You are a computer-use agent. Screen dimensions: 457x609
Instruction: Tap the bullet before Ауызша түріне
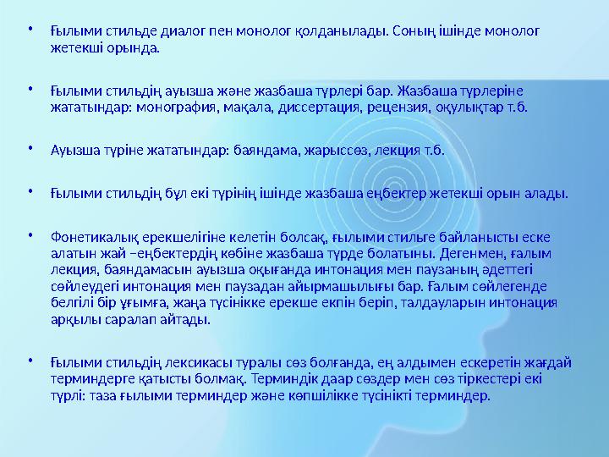point(30,150)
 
